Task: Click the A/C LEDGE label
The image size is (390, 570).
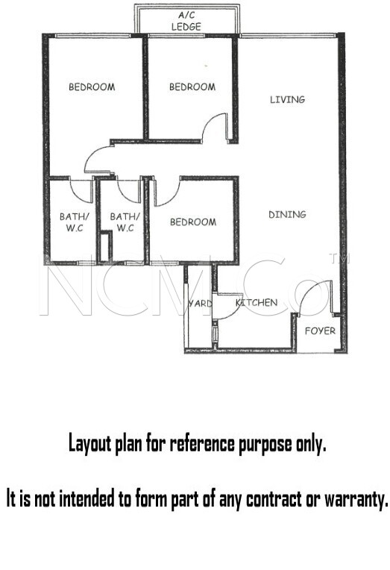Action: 186,21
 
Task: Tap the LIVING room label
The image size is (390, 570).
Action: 287,99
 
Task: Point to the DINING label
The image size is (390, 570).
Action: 287,214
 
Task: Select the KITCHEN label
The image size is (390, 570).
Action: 257,302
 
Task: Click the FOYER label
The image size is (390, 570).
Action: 320,331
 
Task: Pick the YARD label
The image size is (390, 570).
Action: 200,303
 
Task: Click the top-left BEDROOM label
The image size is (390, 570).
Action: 92,87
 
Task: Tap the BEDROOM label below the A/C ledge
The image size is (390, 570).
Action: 192,87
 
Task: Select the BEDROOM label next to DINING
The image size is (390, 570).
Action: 193,222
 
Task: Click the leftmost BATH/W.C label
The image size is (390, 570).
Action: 74,222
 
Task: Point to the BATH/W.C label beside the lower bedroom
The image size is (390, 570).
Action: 125,222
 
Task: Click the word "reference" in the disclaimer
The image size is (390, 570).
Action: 202,444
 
